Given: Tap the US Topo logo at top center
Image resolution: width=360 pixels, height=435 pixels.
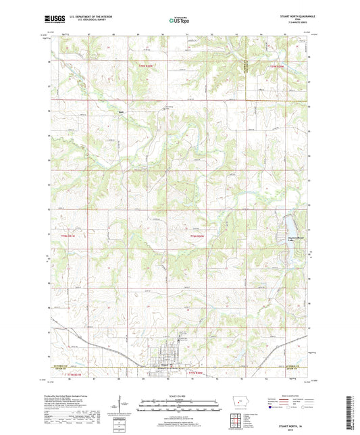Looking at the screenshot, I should pyautogui.click(x=179, y=22).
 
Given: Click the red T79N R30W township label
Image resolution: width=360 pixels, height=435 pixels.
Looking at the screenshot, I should pyautogui.click(x=147, y=66).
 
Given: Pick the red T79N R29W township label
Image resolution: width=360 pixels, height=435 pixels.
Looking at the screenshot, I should pyautogui.click(x=277, y=66).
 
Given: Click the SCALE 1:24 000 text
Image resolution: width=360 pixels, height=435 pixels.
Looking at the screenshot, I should pyautogui.click(x=179, y=395).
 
